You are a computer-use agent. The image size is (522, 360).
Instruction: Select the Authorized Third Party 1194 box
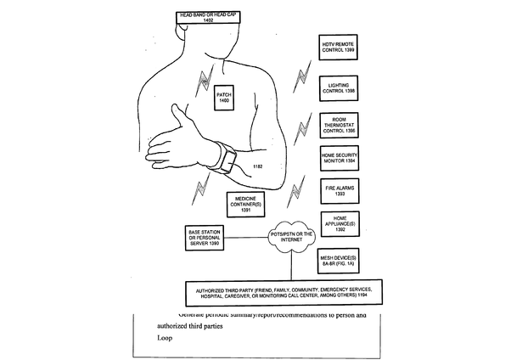pyautogui.click(x=285, y=294)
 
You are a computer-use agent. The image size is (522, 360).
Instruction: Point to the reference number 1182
pyautogui.click(x=257, y=168)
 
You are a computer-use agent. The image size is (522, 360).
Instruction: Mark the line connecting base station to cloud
pyautogui.click(x=247, y=239)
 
